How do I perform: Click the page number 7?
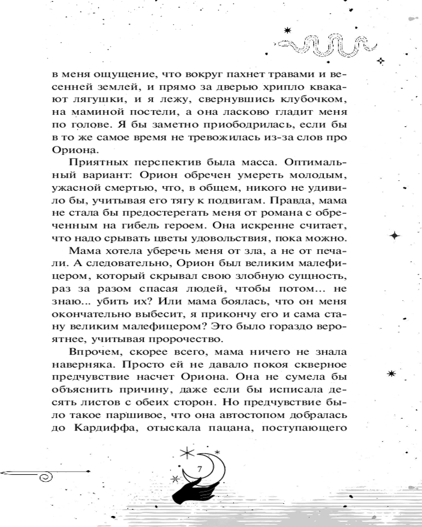(x=199, y=470)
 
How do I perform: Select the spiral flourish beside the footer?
(x=47, y=477)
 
